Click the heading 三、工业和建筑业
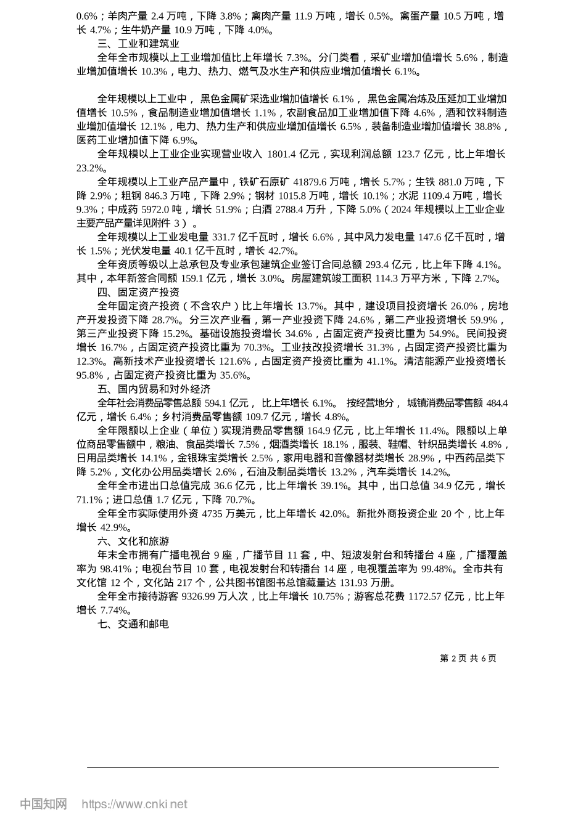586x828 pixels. tap(138, 44)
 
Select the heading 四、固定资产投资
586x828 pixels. tap(138, 292)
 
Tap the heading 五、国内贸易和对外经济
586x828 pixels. tap(154, 389)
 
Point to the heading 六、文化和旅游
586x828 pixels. tap(133, 542)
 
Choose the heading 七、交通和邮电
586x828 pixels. tap(133, 624)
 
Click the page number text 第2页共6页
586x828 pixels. tap(468, 658)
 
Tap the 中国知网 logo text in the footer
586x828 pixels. tap(44, 804)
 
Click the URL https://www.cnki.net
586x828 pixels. tap(134, 804)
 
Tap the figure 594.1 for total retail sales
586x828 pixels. tap(216, 403)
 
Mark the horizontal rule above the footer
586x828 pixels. tap(292, 767)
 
